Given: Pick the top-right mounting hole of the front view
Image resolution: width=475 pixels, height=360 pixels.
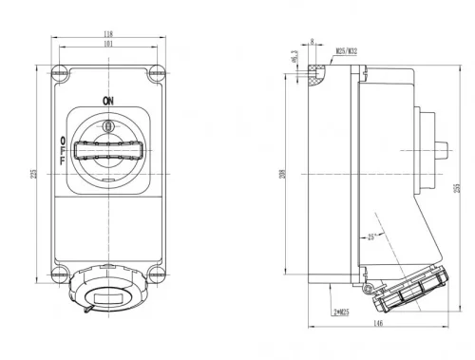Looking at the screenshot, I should tap(158, 71).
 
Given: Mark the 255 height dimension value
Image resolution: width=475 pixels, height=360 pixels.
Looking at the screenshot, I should tap(456, 188).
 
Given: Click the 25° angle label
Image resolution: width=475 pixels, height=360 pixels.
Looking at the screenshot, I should tap(371, 237).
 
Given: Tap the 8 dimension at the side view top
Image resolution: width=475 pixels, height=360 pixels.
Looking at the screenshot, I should tap(313, 41).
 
